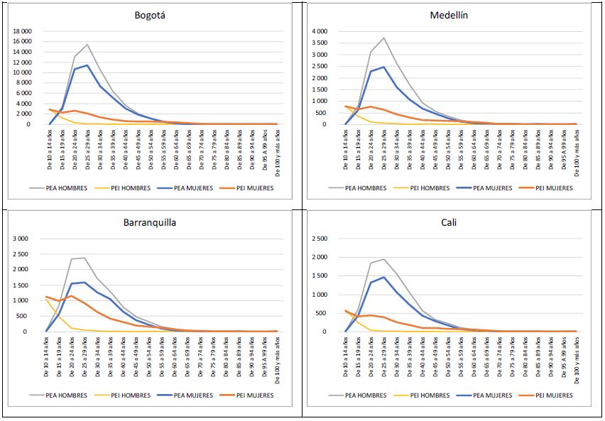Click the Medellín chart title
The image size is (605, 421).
pyautogui.click(x=452, y=15)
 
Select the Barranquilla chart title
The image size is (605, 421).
pyautogui.click(x=151, y=222)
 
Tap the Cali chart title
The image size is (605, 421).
pyautogui.click(x=452, y=222)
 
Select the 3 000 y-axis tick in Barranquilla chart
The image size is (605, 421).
pyautogui.click(x=33, y=238)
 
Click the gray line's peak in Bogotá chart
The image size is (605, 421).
pyautogui.click(x=87, y=45)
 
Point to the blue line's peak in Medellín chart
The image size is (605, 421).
pyautogui.click(x=383, y=67)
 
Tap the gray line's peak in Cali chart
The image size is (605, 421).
pyautogui.click(x=383, y=259)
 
